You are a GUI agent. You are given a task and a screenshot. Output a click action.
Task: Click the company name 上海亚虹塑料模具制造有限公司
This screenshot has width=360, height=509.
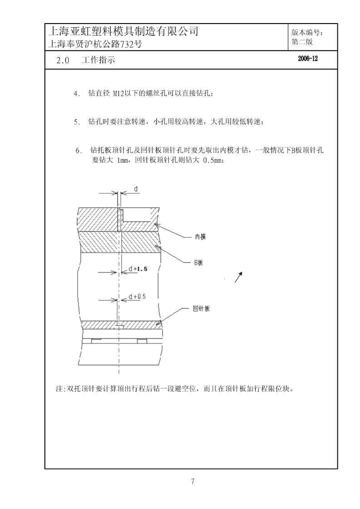123,31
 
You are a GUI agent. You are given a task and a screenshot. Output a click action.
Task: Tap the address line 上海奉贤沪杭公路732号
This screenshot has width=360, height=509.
95,44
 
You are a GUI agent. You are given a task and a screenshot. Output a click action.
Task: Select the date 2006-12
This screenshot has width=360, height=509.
308,58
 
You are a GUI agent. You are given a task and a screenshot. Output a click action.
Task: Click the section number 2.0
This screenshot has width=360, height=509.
63,60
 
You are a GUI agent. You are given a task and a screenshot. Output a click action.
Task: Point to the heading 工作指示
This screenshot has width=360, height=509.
98,60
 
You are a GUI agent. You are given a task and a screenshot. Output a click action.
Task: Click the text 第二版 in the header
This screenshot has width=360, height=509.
302,42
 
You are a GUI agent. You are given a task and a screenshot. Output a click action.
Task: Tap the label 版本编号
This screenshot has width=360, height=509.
307,33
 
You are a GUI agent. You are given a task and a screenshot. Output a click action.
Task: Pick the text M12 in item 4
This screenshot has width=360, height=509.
118,93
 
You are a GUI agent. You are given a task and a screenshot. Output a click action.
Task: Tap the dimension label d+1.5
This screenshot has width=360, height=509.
138,269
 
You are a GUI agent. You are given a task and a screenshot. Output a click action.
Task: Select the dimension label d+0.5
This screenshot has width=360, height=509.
137,297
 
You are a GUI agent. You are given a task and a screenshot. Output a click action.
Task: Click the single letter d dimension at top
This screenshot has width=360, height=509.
136,189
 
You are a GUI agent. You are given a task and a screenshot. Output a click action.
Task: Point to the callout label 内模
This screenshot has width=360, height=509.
200,237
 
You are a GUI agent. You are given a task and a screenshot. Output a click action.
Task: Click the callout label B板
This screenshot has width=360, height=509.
199,262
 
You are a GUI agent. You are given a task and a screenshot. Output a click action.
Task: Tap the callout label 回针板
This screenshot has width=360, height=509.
201,308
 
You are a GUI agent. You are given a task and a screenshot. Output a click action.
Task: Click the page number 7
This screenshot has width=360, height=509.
193,481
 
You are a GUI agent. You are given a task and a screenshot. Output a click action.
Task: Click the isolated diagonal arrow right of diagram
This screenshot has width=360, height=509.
238,277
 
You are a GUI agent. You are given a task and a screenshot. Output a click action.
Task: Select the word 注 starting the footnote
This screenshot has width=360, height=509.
59,389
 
